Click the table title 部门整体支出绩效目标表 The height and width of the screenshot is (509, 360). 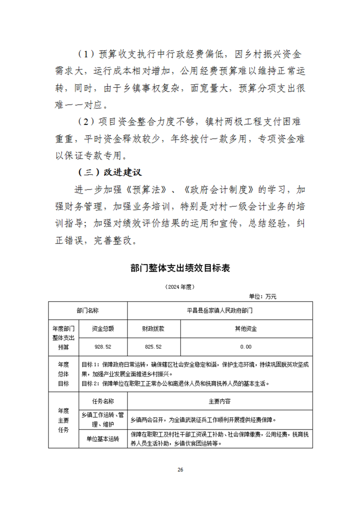pos(180,268)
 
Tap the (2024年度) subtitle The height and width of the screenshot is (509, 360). pos(180,287)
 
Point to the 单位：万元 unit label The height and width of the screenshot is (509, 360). pos(262,296)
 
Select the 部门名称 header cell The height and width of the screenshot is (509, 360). pos(88,310)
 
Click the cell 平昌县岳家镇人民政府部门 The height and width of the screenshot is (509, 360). pos(220,310)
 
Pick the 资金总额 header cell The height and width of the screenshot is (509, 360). pos(103,328)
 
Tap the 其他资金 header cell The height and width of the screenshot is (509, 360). pos(246,328)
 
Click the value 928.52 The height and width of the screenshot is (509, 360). pos(103,347)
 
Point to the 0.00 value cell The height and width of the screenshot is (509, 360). pos(246,347)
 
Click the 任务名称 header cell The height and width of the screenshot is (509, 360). pos(103,401)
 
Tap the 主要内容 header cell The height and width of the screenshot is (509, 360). pos(220,401)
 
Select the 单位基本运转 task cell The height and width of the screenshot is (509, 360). pos(103,439)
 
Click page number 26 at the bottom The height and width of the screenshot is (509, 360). pos(180,470)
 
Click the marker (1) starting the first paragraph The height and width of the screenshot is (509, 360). pos(86,54)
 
